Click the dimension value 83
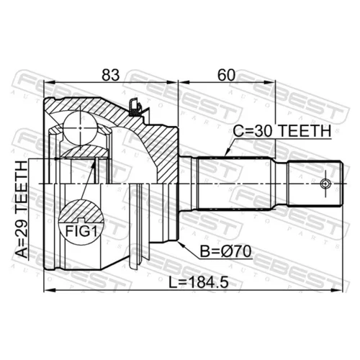(111, 75)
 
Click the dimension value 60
(226, 75)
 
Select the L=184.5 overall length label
(198, 282)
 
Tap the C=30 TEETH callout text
(282, 131)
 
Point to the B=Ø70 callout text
(225, 251)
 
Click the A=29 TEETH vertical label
(22, 210)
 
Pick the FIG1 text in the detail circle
(81, 231)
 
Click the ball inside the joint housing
(80, 128)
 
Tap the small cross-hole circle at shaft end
(325, 184)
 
